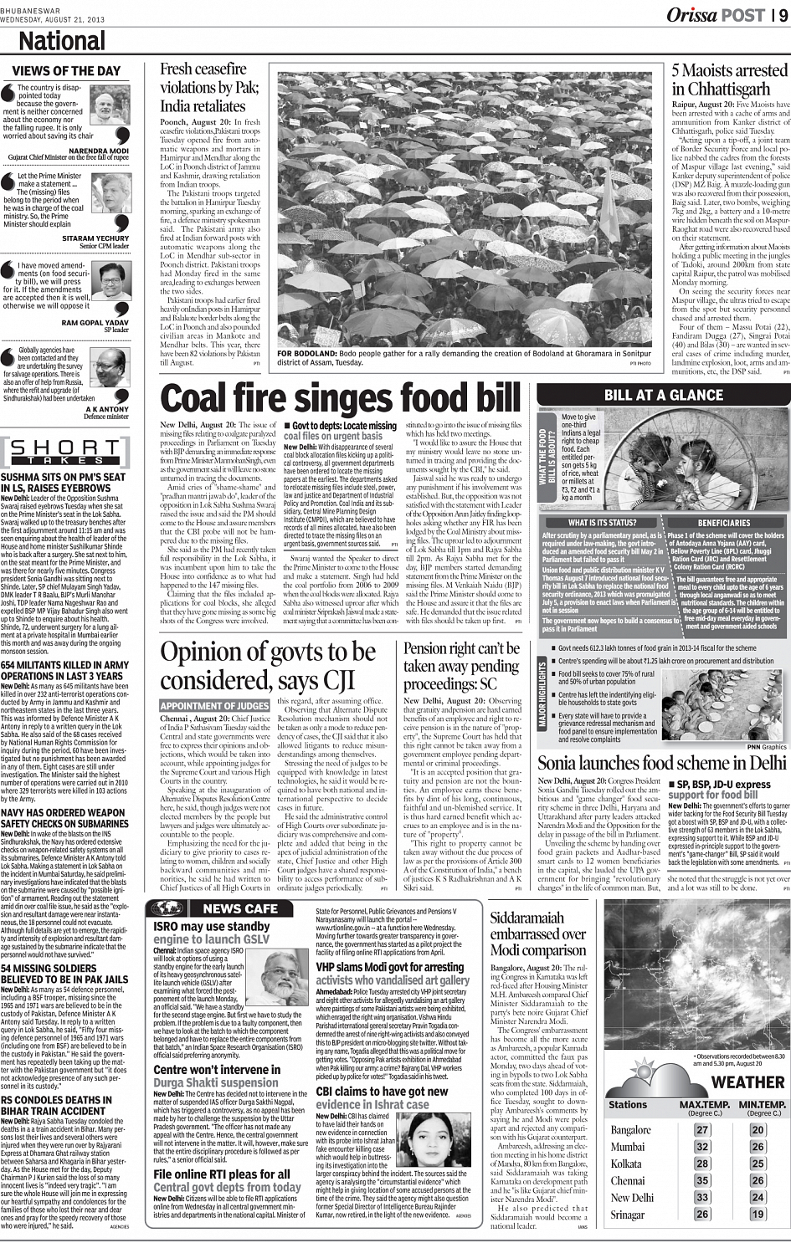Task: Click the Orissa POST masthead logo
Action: tap(715, 14)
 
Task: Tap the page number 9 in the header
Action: tap(780, 14)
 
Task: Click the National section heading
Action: tap(61, 42)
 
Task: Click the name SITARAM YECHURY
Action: tap(95, 238)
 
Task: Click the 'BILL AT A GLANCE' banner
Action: tap(663, 395)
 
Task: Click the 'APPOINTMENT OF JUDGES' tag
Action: tap(215, 706)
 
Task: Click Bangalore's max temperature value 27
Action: tap(702, 1130)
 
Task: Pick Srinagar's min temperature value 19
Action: tap(758, 1215)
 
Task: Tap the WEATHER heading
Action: tap(747, 1082)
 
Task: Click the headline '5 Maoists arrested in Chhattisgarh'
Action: tap(730, 80)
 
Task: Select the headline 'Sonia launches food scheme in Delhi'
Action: tap(662, 763)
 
